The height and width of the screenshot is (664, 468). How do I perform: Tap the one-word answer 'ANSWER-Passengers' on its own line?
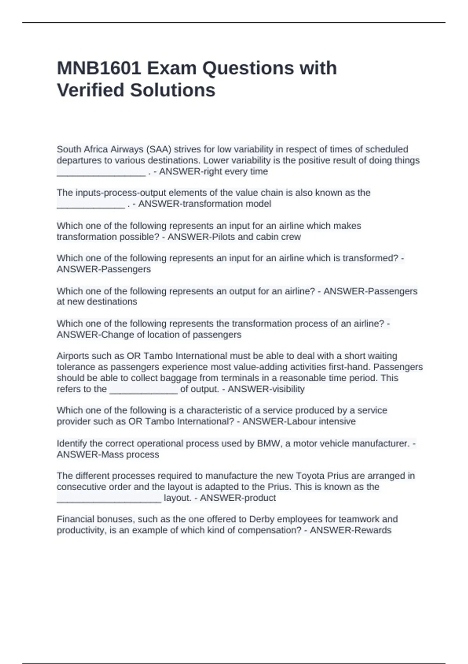(x=104, y=270)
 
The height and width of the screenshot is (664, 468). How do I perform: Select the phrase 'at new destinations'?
(x=97, y=302)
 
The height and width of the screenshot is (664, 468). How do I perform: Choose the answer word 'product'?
(x=260, y=498)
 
